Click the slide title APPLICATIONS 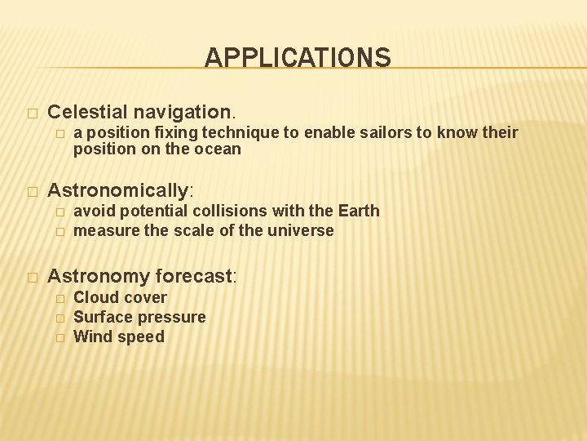(298, 58)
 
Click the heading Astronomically (118, 190)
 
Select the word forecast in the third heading (193, 276)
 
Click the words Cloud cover (120, 297)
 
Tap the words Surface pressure (139, 317)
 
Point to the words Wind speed (119, 336)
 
